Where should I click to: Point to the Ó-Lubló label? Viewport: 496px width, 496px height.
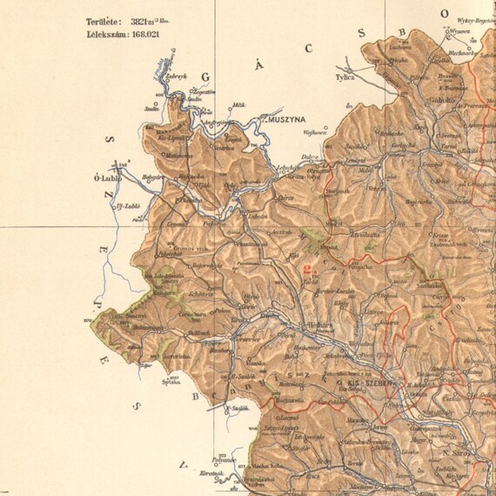(x=110, y=178)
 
